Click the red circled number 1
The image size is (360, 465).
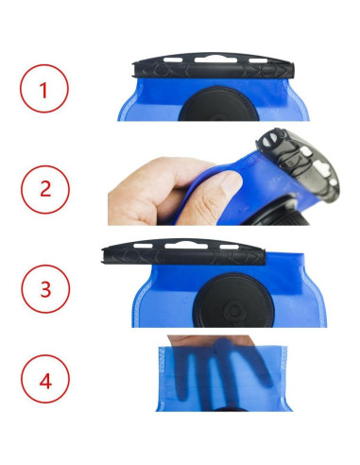[44, 89]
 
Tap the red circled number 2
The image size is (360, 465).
[45, 189]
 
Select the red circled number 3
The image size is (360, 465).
[45, 289]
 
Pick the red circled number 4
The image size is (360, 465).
[45, 379]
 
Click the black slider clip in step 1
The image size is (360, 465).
[214, 67]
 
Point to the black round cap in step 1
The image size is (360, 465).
[218, 104]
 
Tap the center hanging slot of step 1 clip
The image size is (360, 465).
[215, 60]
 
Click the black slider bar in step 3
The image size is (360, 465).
[183, 253]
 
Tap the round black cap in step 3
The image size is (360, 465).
[234, 301]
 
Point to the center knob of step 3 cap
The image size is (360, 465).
[233, 311]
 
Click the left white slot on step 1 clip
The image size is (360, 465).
[173, 60]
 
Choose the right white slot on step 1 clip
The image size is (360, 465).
[258, 60]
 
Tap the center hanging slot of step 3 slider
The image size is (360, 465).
[186, 245]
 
